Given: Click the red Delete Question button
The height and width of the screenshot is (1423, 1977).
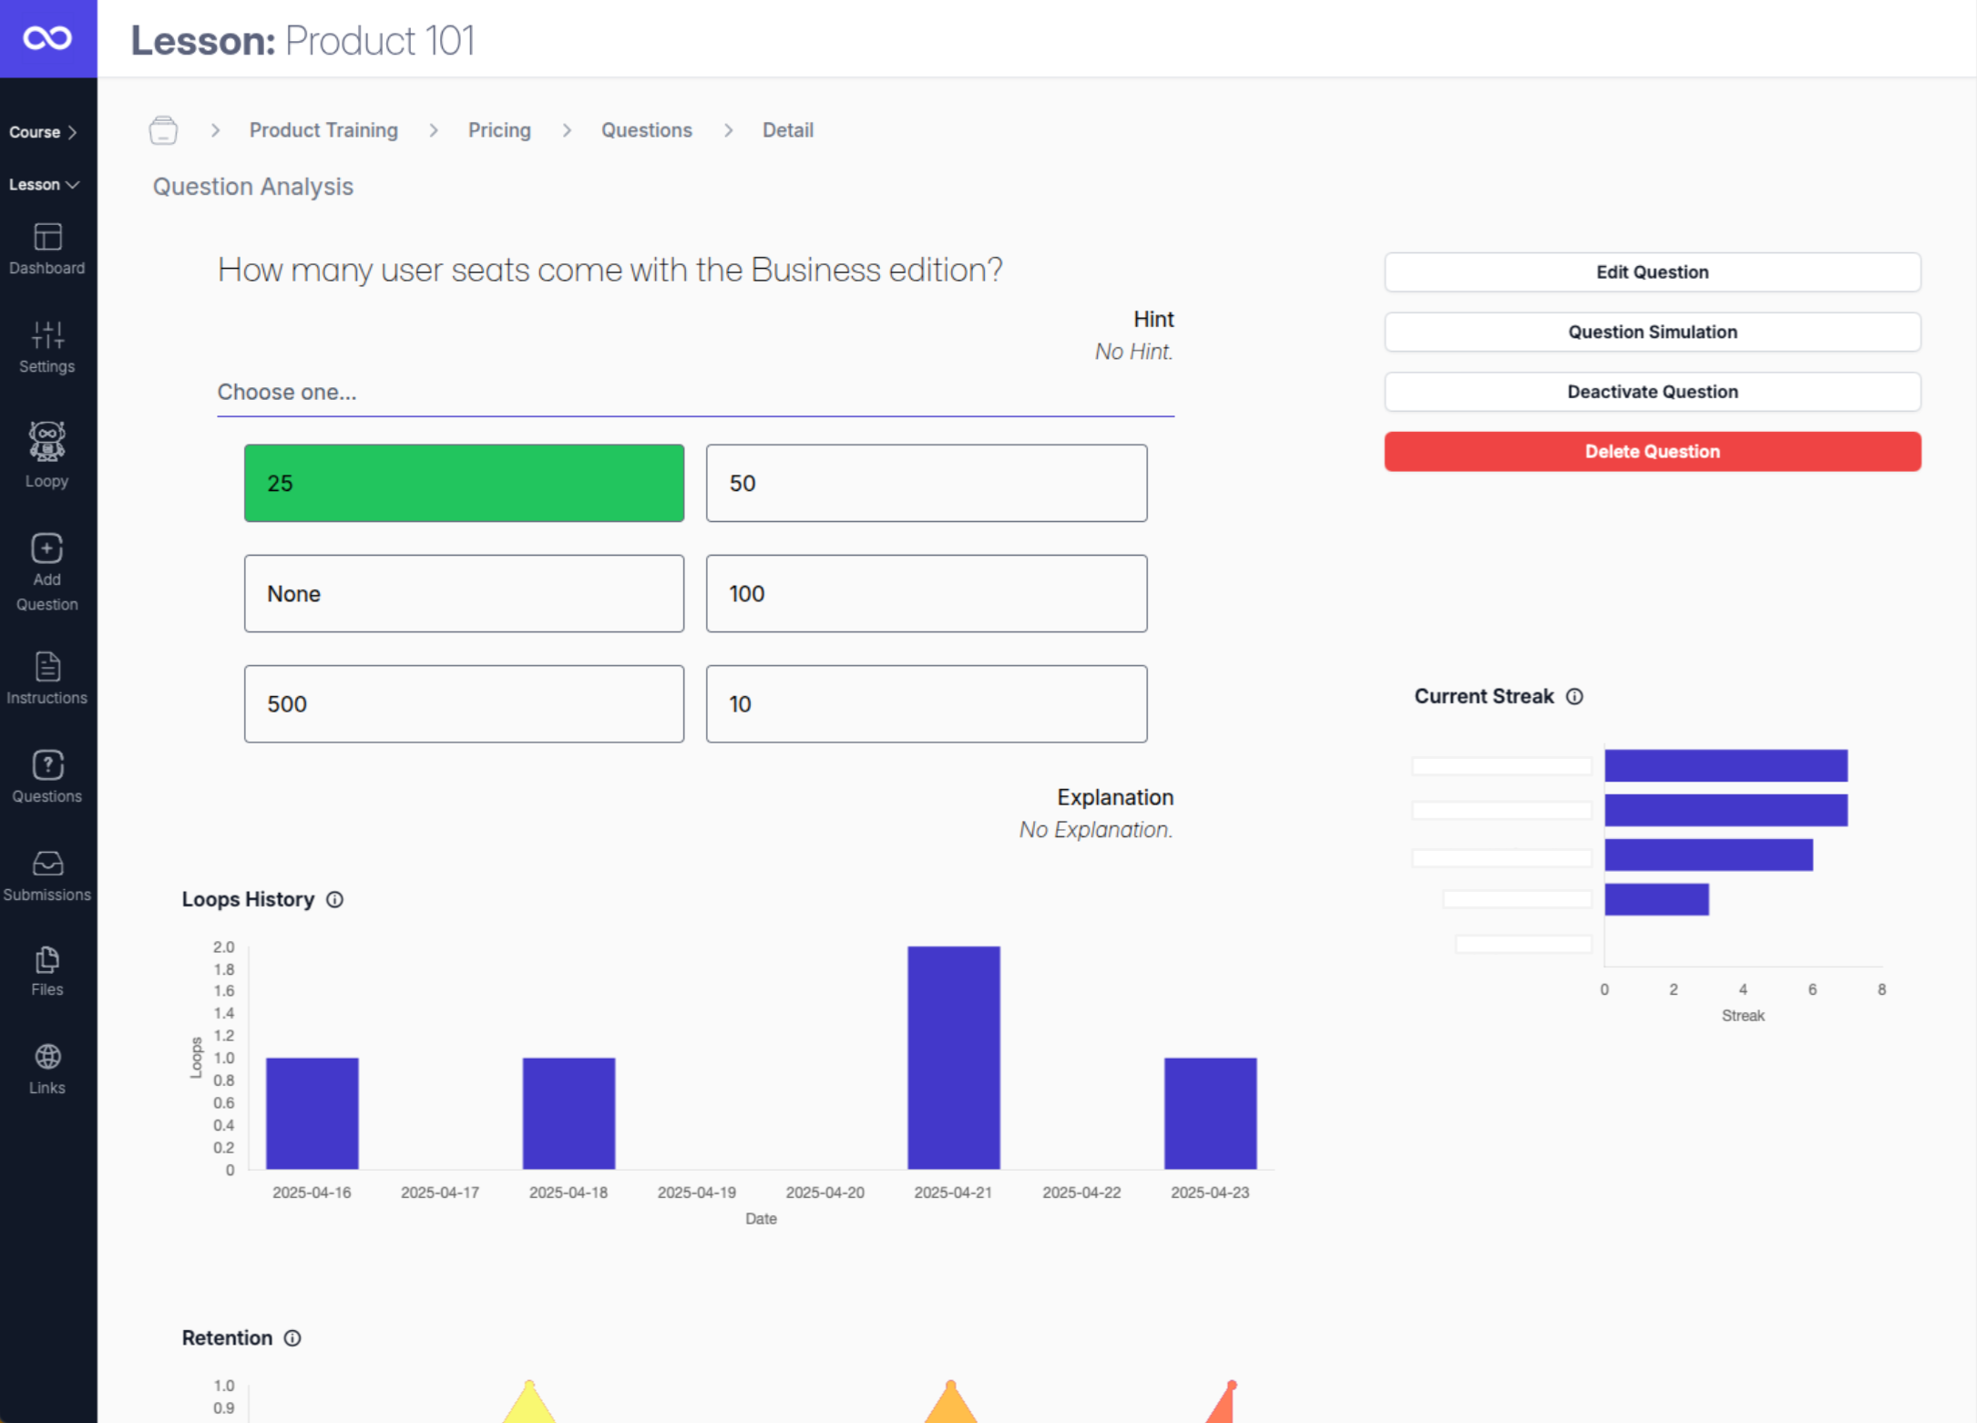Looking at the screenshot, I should (1652, 451).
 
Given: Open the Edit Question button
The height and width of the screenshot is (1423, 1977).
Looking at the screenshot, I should (1652, 271).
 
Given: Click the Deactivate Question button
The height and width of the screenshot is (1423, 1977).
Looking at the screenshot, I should (1652, 392).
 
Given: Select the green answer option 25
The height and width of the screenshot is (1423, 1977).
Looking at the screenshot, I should (464, 483).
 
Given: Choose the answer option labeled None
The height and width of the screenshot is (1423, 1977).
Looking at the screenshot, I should (464, 593).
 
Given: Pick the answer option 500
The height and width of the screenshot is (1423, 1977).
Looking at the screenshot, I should (464, 703).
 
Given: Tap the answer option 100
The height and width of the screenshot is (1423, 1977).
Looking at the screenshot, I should (926, 593).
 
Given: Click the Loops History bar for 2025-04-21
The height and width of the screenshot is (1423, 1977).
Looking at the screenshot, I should (953, 1057).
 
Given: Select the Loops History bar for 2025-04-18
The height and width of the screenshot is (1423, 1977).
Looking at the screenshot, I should (569, 1112).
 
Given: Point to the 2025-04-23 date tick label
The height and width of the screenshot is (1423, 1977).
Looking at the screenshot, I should (1209, 1192).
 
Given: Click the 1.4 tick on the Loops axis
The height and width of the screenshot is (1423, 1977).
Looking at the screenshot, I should (223, 1012).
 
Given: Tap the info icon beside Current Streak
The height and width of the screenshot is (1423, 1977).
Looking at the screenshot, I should (1574, 696).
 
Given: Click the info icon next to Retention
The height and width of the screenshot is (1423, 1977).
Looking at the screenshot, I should (292, 1337).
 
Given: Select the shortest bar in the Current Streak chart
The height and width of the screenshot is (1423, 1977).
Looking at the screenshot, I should (1655, 899).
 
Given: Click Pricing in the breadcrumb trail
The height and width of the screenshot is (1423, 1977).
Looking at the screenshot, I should (499, 130).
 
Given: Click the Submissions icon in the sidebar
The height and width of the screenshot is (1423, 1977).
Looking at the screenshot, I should (47, 863).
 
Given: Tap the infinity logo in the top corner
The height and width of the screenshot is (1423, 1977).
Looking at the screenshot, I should (47, 38).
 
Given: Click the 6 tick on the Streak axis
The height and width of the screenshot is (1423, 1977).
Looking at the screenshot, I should (1811, 989).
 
